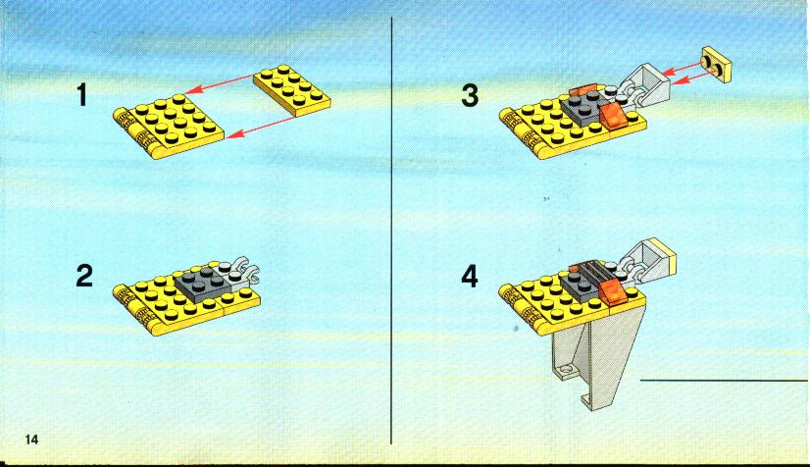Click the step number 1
(x=82, y=95)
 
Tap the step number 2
(x=84, y=276)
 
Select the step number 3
(x=470, y=95)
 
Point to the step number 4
(x=470, y=277)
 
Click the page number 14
(x=31, y=440)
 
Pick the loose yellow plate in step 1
(x=292, y=90)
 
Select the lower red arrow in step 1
(x=261, y=128)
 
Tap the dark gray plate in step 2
(x=199, y=282)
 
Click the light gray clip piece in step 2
(x=239, y=271)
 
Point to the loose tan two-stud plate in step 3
(x=718, y=65)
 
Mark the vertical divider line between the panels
(x=391, y=231)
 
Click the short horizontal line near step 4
(x=725, y=381)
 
